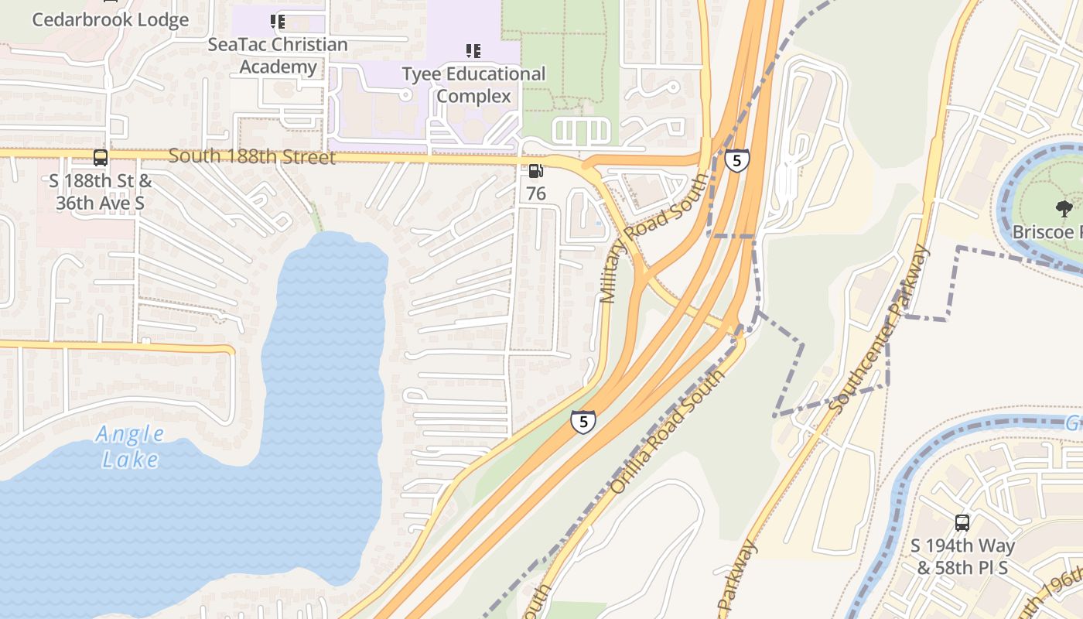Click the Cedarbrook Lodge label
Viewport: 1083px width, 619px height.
point(110,20)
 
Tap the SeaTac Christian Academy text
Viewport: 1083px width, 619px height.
point(278,56)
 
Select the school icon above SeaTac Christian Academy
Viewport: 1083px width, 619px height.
point(278,22)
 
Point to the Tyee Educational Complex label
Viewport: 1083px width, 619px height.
point(473,85)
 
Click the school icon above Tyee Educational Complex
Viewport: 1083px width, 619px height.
point(473,52)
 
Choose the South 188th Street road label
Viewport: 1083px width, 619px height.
point(252,157)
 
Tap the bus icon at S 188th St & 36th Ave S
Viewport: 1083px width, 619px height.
point(101,158)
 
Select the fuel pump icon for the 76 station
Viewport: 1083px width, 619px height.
point(535,171)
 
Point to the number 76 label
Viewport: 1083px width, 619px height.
point(536,193)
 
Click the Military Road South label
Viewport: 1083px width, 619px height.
point(654,238)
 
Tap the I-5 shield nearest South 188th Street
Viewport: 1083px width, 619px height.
point(737,160)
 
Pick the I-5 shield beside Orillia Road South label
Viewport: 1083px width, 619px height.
point(583,422)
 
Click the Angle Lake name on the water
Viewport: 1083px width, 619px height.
point(130,446)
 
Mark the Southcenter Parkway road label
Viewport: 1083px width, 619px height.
point(879,329)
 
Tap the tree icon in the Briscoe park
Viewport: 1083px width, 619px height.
point(1064,207)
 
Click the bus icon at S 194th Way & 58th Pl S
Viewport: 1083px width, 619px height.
point(962,523)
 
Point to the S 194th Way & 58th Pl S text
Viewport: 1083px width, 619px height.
point(962,557)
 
